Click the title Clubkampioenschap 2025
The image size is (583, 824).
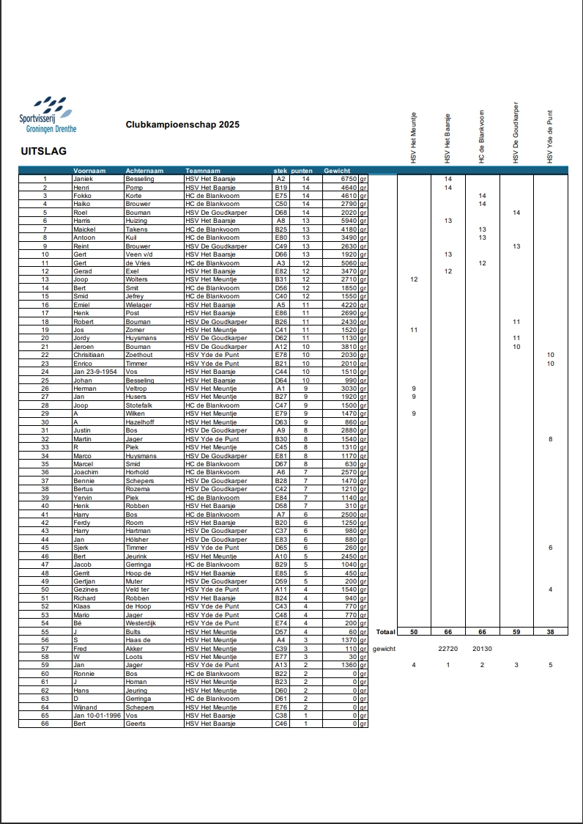[x=182, y=125]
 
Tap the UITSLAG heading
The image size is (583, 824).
[x=44, y=152]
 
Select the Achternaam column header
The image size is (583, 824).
[x=144, y=170]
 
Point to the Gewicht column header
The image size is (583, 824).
[x=338, y=170]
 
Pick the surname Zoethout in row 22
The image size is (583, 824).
[x=140, y=355]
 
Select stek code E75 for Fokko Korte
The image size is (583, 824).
[x=281, y=196]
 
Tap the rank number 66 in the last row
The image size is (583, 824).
[x=45, y=724]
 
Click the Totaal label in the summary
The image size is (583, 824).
[x=385, y=631]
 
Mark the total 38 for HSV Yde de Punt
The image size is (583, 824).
[x=550, y=631]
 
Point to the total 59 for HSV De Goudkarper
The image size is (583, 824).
[x=516, y=631]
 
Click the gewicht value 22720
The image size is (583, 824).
[x=448, y=648]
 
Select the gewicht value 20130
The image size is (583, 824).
[x=482, y=648]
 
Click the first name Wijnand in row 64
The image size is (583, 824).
[x=85, y=707]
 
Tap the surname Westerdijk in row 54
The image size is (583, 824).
[x=141, y=623]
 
